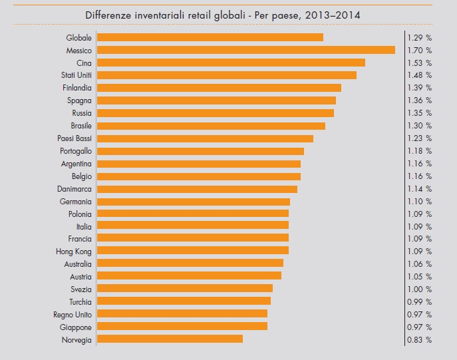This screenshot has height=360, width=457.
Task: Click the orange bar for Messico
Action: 246,50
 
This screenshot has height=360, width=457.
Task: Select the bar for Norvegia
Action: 170,339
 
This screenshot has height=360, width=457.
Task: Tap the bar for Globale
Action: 210,37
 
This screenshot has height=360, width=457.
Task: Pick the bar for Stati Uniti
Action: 227,75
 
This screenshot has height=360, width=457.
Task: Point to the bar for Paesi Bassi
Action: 205,138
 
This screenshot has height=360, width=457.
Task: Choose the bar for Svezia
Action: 185,288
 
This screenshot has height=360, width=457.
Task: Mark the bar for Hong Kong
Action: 193,251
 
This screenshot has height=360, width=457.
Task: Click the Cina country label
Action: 84,63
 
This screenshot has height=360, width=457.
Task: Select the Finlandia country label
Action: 76,88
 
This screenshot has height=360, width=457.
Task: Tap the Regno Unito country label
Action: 73,314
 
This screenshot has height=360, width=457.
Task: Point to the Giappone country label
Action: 75,327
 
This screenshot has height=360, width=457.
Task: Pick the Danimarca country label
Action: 75,189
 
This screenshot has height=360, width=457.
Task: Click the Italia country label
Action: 83,226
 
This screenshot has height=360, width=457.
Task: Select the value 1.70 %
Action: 419,50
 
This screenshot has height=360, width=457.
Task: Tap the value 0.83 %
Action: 419,339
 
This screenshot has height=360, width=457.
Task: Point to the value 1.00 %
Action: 419,289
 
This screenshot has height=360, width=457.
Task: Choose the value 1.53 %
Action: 419,63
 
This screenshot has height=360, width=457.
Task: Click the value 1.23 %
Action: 419,138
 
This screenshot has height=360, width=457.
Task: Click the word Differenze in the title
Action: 109,14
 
